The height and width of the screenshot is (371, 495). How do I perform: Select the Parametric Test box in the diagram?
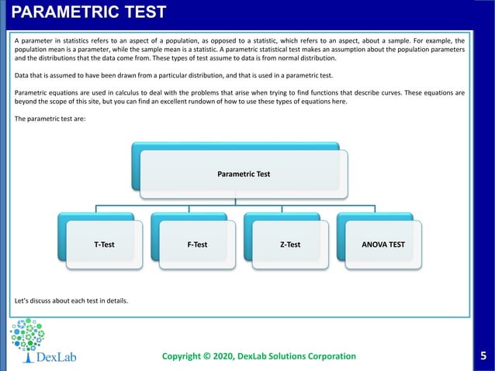[x=244, y=175]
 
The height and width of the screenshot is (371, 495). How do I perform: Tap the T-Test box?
[x=104, y=244]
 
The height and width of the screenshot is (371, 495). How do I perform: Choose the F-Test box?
[x=197, y=244]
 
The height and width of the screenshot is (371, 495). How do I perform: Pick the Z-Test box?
[x=290, y=244]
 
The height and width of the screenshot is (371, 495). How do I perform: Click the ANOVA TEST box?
[x=383, y=244]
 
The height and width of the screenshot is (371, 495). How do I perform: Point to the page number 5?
[x=484, y=356]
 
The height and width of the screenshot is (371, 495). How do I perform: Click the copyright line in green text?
[x=258, y=356]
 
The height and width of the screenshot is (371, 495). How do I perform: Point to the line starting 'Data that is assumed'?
[x=173, y=75]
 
